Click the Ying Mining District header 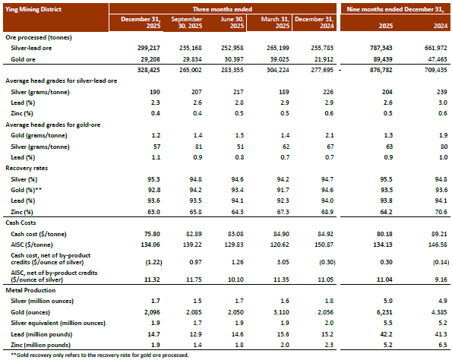[33, 9]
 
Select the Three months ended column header [223, 9]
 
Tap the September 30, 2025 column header [187, 23]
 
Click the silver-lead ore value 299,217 [149, 48]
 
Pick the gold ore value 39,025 [278, 59]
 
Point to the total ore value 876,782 [381, 70]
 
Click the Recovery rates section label [27, 168]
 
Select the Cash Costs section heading [21, 223]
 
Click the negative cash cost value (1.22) [153, 262]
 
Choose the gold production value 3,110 [281, 312]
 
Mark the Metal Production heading [30, 290]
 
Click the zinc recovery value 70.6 [441, 212]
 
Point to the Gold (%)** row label [27, 190]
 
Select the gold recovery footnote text [100, 355]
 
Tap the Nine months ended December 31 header [395, 9]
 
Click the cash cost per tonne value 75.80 [152, 234]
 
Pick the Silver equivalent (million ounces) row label [58, 323]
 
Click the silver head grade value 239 [442, 92]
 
